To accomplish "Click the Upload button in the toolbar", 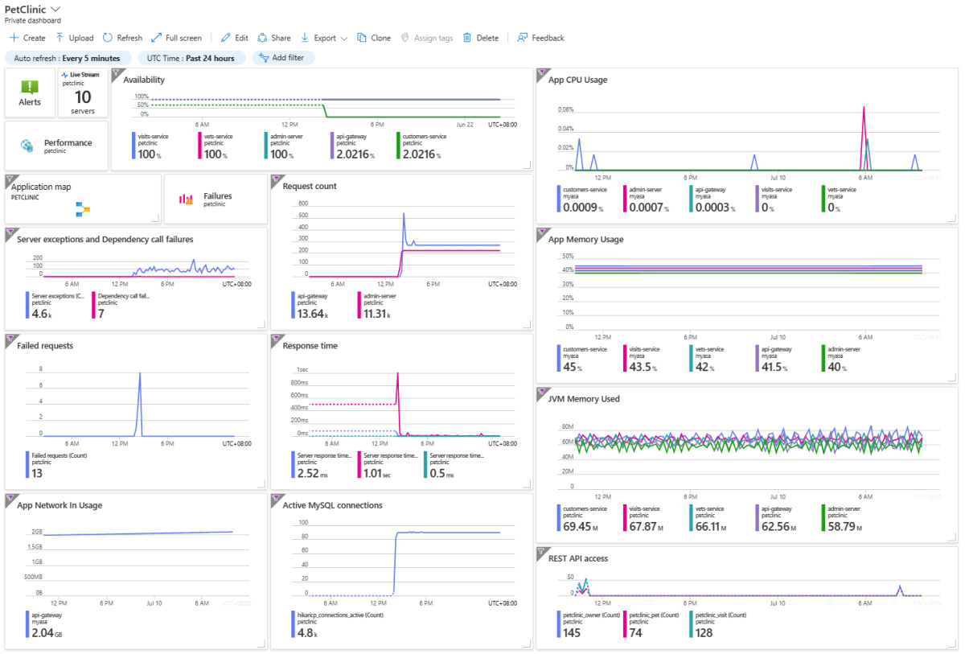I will click(75, 38).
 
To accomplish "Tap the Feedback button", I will click(540, 38).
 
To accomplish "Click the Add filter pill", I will click(283, 58).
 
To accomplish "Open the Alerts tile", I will click(30, 93).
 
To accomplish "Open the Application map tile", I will click(83, 199).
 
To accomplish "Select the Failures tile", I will click(216, 199).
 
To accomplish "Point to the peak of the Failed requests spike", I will click(140, 373).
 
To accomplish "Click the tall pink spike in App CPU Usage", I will click(864, 108).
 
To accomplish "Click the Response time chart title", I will click(310, 346).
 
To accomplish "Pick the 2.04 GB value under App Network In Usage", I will click(47, 633).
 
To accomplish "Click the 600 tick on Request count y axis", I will click(303, 204).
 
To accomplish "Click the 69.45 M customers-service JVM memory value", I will click(578, 527).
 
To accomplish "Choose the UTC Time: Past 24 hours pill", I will click(191, 58).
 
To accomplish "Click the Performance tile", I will click(56, 146).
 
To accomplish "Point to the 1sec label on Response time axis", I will click(302, 369).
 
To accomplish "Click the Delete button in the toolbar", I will click(481, 38).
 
